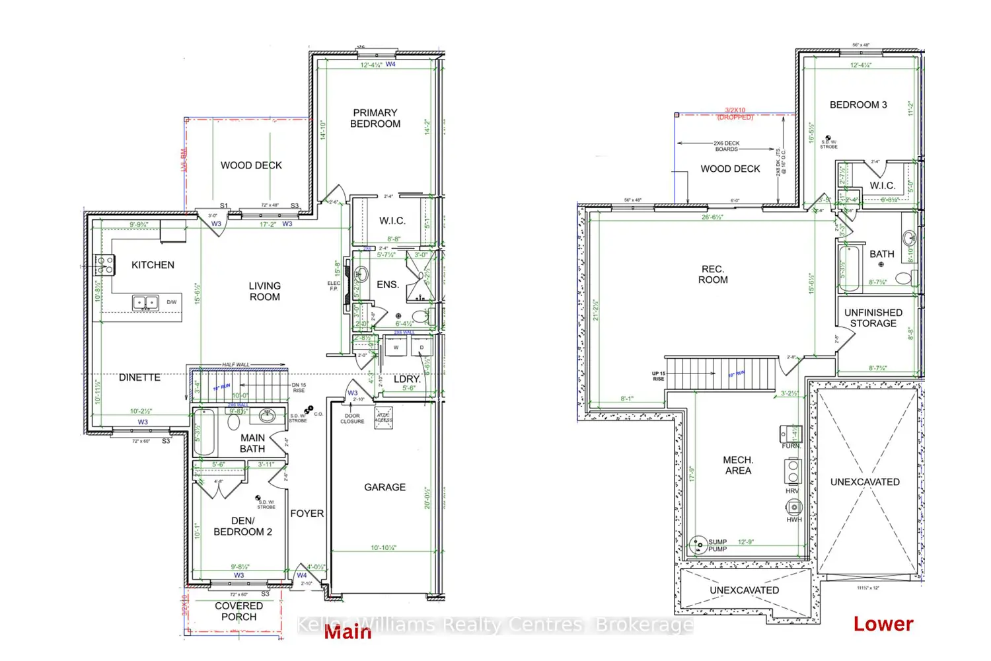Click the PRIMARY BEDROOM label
click(x=375, y=118)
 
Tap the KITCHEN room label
click(x=153, y=265)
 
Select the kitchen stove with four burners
click(x=104, y=265)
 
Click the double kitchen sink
click(x=145, y=303)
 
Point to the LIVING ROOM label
click(x=264, y=292)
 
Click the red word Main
click(x=348, y=632)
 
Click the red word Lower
click(x=883, y=624)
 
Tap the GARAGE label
click(x=385, y=487)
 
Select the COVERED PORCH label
click(x=239, y=611)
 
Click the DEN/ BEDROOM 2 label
click(x=242, y=526)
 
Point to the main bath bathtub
click(x=203, y=433)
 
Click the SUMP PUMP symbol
click(x=698, y=545)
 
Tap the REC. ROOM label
click(x=713, y=274)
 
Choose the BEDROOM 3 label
click(x=858, y=105)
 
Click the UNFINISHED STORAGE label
click(x=873, y=318)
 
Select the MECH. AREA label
click(x=738, y=465)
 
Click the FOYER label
click(x=307, y=514)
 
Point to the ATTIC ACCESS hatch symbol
click(x=383, y=418)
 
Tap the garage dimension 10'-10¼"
click(x=384, y=548)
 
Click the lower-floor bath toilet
click(x=904, y=278)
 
